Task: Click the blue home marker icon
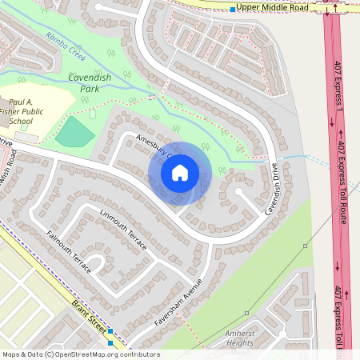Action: point(180,172)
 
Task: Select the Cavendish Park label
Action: point(94,83)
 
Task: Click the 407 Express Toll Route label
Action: point(340,183)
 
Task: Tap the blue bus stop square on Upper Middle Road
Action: point(232,9)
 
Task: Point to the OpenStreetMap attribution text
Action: point(80,354)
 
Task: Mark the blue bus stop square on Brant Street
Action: point(110,331)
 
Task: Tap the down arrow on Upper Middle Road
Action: point(327,10)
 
